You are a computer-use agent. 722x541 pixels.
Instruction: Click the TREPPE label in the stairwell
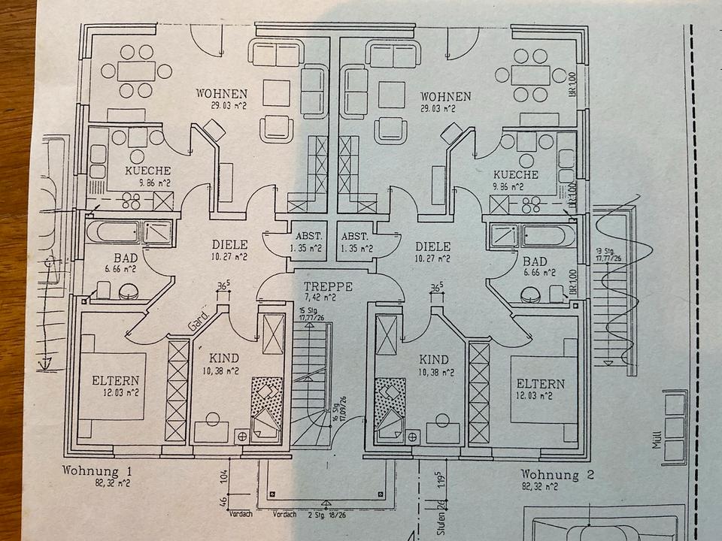click(328, 286)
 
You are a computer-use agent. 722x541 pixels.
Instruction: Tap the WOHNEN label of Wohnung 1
click(222, 95)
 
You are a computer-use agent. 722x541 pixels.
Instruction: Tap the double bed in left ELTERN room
click(113, 385)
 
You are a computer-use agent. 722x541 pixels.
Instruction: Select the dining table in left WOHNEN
click(136, 71)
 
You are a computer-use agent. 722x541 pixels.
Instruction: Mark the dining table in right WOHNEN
click(530, 74)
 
